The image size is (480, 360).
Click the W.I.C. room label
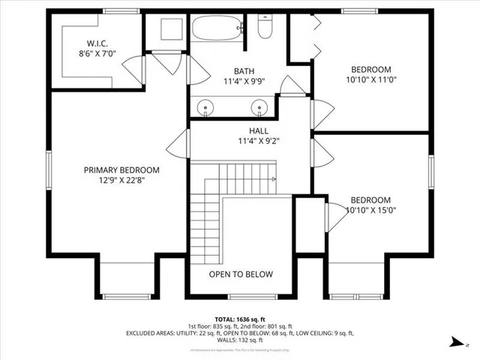pyautogui.click(x=99, y=43)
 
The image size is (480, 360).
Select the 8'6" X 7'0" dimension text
pyautogui.click(x=99, y=54)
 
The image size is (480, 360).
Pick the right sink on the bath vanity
pyautogui.click(x=259, y=108)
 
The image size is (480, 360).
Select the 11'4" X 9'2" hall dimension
pyautogui.click(x=260, y=141)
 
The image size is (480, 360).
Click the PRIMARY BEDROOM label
pyautogui.click(x=121, y=170)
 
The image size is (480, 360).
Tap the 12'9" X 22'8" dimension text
pyautogui.click(x=121, y=181)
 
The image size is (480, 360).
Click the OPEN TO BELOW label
pyautogui.click(x=241, y=274)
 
